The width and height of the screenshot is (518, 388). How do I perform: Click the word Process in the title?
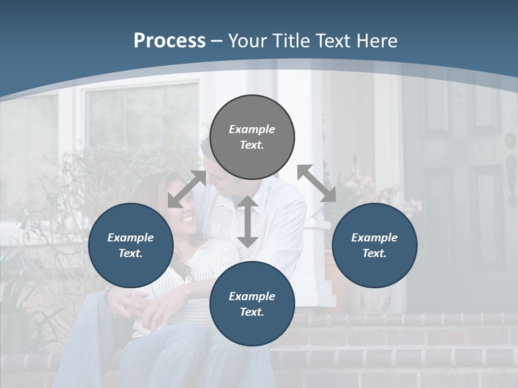coord(169,41)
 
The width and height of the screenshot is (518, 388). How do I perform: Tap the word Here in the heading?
coord(376,41)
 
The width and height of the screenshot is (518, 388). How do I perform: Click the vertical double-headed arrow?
coord(248,221)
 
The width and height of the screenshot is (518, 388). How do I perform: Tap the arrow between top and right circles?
coord(317,183)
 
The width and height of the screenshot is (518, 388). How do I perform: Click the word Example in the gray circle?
coord(252,129)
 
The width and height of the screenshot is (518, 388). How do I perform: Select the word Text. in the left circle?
coord(131,253)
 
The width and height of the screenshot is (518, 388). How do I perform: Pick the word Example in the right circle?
coord(374,238)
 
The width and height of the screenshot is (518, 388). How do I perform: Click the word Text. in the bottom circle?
coord(252,312)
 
